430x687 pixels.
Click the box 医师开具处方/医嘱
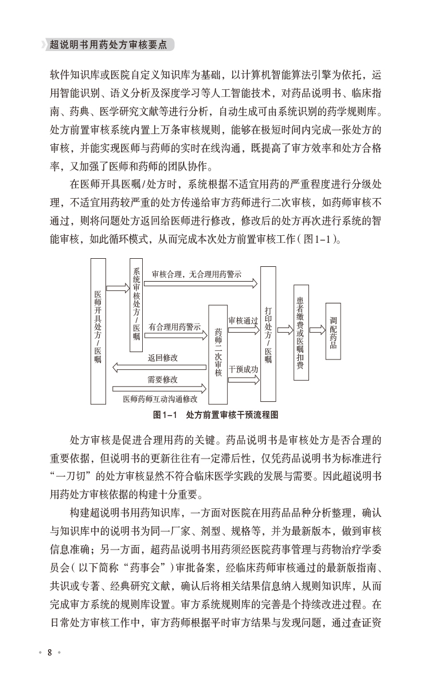coord(98,331)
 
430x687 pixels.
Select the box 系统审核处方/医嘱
coord(136,303)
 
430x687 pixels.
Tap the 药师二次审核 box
coord(218,354)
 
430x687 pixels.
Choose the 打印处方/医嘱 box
coord(268,334)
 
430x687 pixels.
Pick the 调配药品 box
coord(333,331)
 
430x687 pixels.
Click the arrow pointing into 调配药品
coord(317,330)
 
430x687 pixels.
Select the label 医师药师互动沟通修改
coord(160,399)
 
